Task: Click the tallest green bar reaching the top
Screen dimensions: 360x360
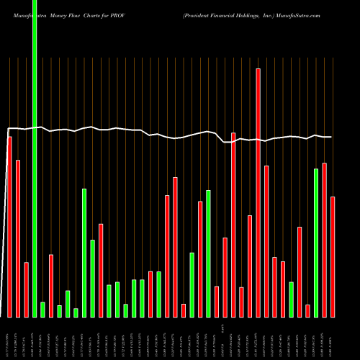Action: [35, 158]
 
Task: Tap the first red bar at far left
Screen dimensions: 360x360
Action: [9, 227]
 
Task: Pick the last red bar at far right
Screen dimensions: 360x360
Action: [333, 256]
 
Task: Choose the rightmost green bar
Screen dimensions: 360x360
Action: [316, 243]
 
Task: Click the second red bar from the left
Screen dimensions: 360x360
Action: [18, 238]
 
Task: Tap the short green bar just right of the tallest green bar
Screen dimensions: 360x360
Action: [42, 310]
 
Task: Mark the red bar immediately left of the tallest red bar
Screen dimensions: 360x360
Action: [250, 266]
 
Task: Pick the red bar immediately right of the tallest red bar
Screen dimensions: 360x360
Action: [266, 241]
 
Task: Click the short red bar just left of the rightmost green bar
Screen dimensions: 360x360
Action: [307, 310]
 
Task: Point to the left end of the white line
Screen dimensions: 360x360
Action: [7, 130]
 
